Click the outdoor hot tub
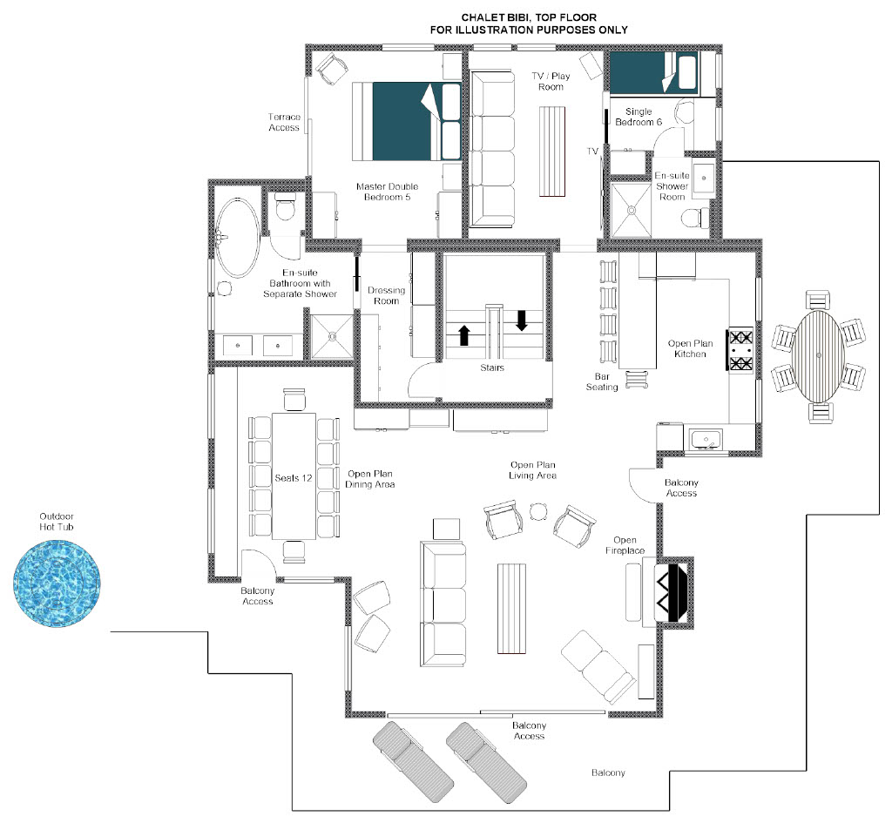click(x=57, y=584)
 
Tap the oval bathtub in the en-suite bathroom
click(x=237, y=237)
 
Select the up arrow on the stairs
click(x=464, y=335)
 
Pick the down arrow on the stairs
click(x=521, y=320)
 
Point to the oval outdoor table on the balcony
click(x=819, y=355)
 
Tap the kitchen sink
click(x=706, y=440)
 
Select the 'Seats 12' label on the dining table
click(x=294, y=478)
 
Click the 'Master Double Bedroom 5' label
click(x=388, y=192)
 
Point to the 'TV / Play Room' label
click(x=551, y=81)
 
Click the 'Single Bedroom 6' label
click(x=639, y=117)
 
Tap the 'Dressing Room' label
click(x=386, y=296)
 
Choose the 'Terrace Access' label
click(x=284, y=122)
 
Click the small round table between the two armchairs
click(x=538, y=511)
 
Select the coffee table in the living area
click(x=511, y=609)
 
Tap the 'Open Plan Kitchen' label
click(x=690, y=348)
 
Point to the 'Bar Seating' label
click(x=602, y=381)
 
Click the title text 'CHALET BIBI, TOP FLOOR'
click(x=529, y=17)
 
